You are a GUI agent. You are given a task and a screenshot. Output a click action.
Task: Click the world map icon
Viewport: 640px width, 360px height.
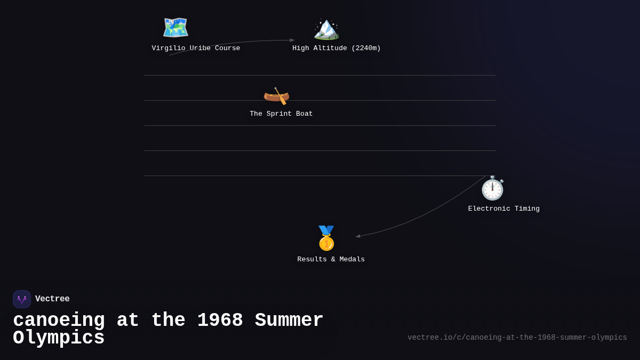(175, 27)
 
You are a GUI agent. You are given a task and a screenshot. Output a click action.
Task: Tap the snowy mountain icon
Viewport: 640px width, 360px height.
(326, 29)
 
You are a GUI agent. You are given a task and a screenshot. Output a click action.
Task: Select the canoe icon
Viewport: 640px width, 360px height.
(276, 96)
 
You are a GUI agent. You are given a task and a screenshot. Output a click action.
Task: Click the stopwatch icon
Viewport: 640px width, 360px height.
(493, 188)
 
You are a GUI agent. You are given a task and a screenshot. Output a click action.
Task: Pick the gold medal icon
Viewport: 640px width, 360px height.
(326, 238)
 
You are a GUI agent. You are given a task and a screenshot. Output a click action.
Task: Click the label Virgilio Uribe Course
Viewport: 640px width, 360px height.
(196, 48)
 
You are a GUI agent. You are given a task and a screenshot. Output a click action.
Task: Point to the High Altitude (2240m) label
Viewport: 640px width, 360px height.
(337, 48)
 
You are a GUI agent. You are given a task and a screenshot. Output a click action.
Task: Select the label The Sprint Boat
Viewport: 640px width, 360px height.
(281, 114)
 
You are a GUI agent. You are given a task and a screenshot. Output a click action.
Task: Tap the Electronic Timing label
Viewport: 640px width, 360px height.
(503, 209)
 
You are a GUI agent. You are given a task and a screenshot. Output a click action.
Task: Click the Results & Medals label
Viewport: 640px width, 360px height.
(331, 259)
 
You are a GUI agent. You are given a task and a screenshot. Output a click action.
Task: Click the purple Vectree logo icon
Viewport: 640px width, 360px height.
(22, 299)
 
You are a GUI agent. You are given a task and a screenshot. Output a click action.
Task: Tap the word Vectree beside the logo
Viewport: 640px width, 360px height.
(52, 299)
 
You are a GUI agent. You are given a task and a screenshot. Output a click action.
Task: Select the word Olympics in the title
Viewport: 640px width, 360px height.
(59, 338)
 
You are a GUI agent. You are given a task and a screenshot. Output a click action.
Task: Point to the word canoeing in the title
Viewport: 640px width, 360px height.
(59, 321)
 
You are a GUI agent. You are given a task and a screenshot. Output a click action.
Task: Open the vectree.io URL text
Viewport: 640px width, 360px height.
(517, 338)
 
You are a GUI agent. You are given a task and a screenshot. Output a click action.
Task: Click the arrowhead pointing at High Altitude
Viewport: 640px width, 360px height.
(292, 41)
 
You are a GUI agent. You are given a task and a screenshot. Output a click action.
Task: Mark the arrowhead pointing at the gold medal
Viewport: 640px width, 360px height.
(358, 236)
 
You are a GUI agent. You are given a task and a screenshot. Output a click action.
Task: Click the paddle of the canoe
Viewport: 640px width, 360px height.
(281, 96)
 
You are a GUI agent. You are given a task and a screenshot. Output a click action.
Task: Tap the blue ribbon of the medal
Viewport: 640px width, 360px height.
(326, 230)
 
